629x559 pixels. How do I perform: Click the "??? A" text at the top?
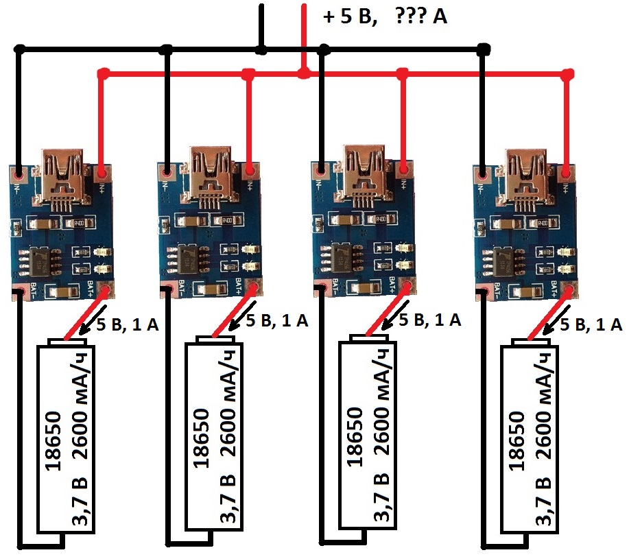coord(421,16)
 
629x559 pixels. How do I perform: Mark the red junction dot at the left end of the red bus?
coord(103,73)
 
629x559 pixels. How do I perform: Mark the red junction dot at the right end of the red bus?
coord(567,73)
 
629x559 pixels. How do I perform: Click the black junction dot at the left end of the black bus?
coord(21,49)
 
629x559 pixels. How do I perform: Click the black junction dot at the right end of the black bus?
coord(484,49)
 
